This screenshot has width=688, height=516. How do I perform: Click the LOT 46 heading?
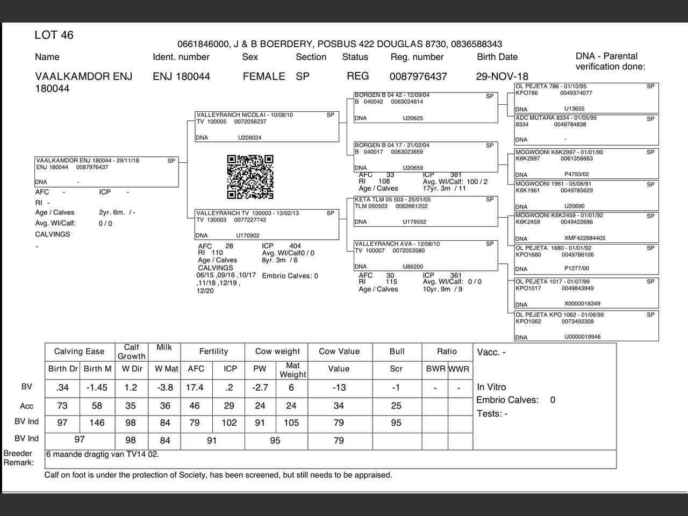pos(54,35)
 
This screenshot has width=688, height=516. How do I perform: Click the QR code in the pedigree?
pos(250,177)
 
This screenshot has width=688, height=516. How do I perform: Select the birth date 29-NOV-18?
pos(501,76)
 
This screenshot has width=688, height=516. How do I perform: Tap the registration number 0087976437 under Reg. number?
pos(418,76)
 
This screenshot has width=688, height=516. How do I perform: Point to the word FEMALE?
pos(263,76)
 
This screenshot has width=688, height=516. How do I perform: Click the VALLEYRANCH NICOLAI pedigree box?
pos(267,126)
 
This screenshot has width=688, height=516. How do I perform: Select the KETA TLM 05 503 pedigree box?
pos(425,211)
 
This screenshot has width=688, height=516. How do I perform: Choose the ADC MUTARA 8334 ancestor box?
pos(586,129)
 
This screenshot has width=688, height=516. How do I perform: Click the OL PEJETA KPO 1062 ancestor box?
pos(586,326)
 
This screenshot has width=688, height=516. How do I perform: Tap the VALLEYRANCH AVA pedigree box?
pos(425,255)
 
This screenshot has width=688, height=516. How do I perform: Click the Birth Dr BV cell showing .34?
pos(62,388)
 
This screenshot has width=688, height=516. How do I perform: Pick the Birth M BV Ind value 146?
pos(97,423)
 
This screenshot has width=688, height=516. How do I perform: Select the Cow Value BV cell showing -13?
pos(339,388)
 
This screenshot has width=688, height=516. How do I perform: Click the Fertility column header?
pos(213,352)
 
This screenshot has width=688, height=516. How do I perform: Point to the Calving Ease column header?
pos(79,352)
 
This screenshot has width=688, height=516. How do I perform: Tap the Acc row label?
pos(26,406)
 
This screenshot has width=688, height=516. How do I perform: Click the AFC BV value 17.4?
pos(195,388)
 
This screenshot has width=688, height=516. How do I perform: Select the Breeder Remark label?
pos(18,458)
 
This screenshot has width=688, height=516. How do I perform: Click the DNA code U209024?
pos(249,138)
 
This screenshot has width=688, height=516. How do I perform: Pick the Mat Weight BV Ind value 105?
pos(291,423)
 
